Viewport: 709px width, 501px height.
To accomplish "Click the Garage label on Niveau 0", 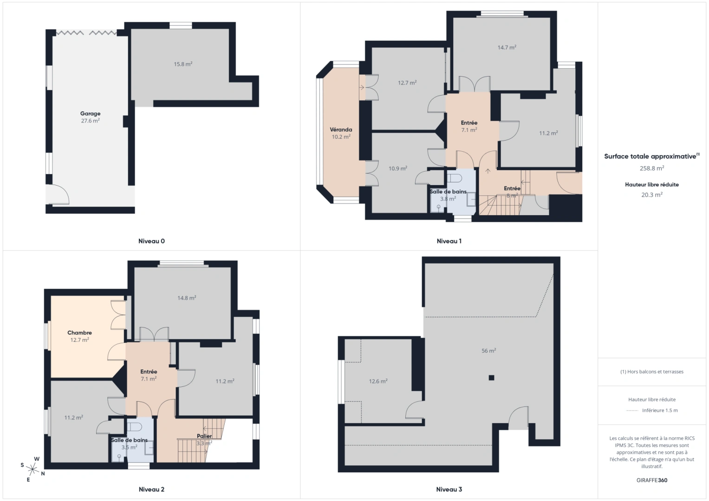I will tap(90, 114).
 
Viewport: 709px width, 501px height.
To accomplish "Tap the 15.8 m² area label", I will tap(183, 64).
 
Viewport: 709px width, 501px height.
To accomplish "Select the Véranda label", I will tap(341, 130).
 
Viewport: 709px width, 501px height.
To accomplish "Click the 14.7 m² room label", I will tap(507, 47).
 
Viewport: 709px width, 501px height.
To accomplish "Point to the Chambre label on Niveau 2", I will tap(79, 333).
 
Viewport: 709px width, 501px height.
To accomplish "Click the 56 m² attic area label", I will tap(488, 351).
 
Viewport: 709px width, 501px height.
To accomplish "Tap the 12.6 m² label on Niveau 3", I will tap(378, 381).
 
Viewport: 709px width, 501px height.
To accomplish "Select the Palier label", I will tap(204, 436).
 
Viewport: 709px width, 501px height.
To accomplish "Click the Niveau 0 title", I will tap(151, 241).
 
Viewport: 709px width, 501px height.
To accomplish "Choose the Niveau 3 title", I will tap(449, 489).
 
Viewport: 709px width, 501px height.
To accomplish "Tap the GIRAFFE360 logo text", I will tap(652, 480).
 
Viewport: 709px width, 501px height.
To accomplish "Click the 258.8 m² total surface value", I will tap(652, 168).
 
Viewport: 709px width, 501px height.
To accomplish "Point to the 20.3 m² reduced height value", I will tap(652, 195).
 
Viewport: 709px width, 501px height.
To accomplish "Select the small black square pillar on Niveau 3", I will tap(491, 378).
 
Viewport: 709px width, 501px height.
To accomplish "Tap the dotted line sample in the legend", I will tap(632, 411).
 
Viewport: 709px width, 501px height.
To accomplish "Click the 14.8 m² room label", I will tap(187, 298).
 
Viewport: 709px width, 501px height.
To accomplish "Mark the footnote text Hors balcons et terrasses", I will tap(652, 372).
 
